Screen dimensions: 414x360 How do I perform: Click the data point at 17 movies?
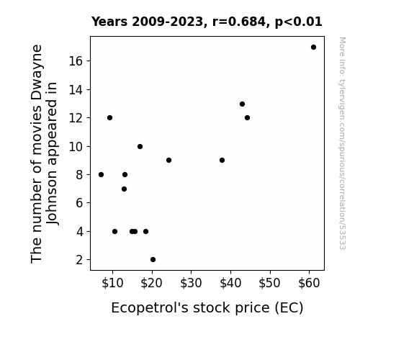[x=313, y=48]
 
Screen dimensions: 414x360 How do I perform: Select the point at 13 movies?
[x=242, y=104]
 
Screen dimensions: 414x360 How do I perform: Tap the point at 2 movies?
[x=153, y=260]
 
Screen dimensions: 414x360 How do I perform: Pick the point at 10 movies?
[x=140, y=147]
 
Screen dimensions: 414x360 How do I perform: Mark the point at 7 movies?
[x=124, y=189]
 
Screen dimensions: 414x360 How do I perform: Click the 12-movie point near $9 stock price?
[x=110, y=118]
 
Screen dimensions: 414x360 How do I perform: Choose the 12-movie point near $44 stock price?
[x=247, y=118]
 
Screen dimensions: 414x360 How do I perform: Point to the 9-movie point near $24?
[x=168, y=161]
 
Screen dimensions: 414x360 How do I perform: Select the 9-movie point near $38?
[x=222, y=161]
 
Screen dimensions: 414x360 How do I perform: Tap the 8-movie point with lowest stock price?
[x=101, y=174]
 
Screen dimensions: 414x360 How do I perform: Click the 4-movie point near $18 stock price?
[x=145, y=232]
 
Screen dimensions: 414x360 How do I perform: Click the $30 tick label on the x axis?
[x=191, y=283]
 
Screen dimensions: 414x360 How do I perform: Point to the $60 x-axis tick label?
[x=309, y=283]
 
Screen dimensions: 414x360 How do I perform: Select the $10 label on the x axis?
[x=112, y=283]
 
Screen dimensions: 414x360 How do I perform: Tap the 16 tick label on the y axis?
[x=76, y=61]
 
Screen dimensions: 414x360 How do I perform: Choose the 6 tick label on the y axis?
[x=79, y=203]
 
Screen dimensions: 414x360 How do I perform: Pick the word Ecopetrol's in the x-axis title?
[x=150, y=308]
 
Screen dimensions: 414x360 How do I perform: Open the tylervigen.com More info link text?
[x=342, y=143]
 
